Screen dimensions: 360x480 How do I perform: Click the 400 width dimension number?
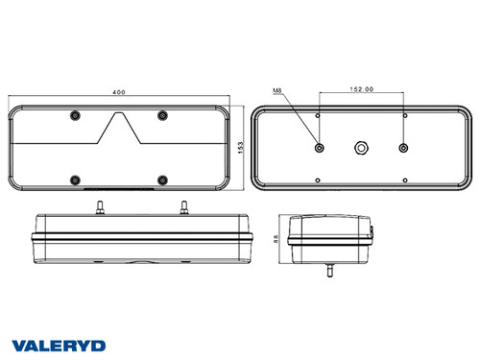pyautogui.click(x=119, y=93)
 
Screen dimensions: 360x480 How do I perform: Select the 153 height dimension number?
pyautogui.click(x=241, y=147)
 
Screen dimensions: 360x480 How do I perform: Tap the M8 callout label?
pyautogui.click(x=277, y=92)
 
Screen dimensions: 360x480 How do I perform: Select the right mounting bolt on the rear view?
pyautogui.click(x=403, y=148)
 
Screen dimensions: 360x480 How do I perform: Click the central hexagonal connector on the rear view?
pyautogui.click(x=361, y=148)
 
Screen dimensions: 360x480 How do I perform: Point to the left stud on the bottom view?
pyautogui.click(x=98, y=205)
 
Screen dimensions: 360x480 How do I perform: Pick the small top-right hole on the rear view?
pyautogui.click(x=404, y=115)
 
